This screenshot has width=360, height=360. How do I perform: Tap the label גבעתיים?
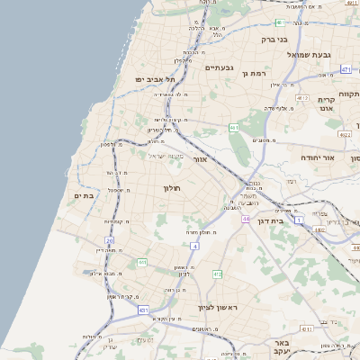click(219, 67)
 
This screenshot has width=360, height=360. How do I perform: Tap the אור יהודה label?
click(316, 157)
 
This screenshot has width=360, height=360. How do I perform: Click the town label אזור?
click(201, 159)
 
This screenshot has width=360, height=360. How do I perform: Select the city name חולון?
click(172, 188)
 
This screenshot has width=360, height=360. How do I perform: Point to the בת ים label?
click(85, 195)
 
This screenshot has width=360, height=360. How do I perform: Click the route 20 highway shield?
click(110, 241)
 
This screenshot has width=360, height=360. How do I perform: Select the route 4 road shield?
click(194, 245)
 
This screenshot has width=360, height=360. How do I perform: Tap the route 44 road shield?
click(245, 219)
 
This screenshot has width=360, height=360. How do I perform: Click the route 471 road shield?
click(346, 68)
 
